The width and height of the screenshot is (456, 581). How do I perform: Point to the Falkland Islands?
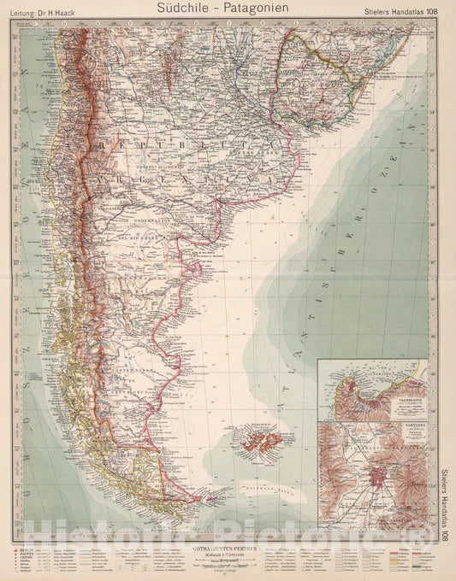pos(258,443)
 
